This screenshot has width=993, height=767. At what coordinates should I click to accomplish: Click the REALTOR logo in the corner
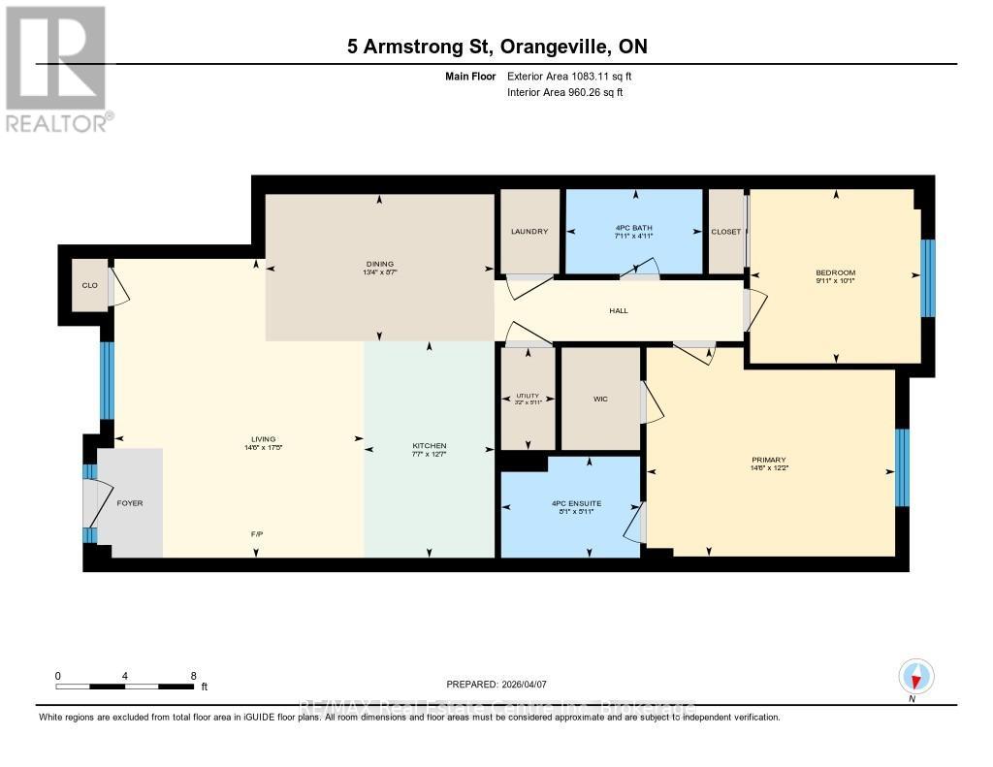pos(56,68)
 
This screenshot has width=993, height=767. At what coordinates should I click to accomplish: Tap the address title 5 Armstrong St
pos(496,47)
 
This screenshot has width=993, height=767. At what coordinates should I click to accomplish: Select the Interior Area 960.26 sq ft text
pos(564,93)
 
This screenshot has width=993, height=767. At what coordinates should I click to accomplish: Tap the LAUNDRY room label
pos(529,232)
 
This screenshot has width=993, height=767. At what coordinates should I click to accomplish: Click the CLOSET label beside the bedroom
pos(725,232)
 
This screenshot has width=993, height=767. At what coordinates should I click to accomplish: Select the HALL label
pos(619,311)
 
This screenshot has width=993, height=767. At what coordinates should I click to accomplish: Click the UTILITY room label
pos(527,396)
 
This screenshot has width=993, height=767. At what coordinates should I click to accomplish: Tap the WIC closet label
pos(600,399)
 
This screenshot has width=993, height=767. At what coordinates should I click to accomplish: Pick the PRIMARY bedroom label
pos(767,460)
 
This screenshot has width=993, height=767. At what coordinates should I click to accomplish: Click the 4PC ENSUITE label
pos(570,503)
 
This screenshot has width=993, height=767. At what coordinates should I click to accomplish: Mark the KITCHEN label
pos(429,446)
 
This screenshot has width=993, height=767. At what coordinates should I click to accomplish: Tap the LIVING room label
pos(256,446)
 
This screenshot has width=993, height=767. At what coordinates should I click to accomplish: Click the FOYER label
pos(129,503)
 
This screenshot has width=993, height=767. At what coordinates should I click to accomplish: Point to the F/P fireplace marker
pos(256,533)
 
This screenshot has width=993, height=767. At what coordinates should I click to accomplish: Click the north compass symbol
pos(915,675)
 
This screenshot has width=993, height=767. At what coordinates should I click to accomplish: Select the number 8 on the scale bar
pos(193,676)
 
